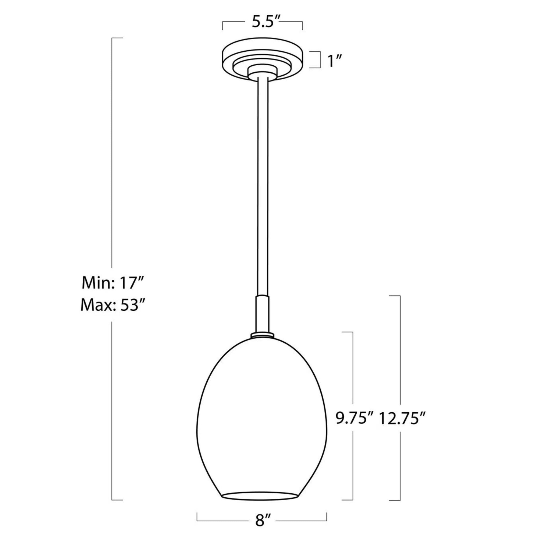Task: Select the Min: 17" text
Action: [112, 284]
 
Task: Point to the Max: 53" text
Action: [112, 306]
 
